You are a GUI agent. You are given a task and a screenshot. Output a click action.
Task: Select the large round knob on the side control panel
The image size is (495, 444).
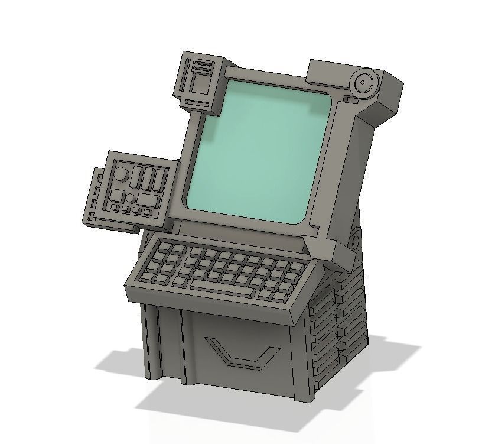[x=121, y=175]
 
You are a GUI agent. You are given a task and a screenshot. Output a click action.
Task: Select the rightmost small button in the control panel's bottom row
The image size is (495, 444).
[x=148, y=212]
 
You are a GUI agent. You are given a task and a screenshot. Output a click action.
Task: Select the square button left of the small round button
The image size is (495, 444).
[x=117, y=196]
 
